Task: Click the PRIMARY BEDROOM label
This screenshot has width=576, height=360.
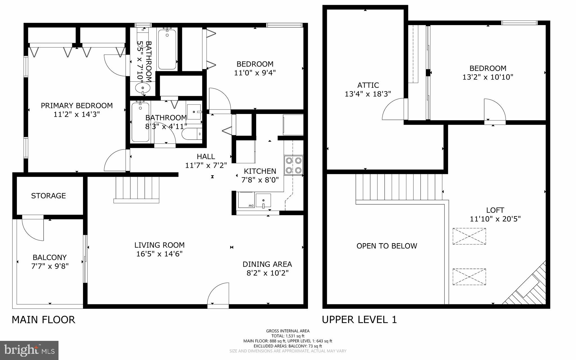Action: pyautogui.click(x=77, y=106)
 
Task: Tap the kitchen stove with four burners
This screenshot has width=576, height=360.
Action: pyautogui.click(x=293, y=166)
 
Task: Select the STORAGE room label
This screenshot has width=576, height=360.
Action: pyautogui.click(x=48, y=196)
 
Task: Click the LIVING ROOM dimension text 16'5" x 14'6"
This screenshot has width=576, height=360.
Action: pyautogui.click(x=159, y=254)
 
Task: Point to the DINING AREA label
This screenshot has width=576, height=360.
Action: pyautogui.click(x=267, y=264)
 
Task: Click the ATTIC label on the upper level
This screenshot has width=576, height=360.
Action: pyautogui.click(x=368, y=85)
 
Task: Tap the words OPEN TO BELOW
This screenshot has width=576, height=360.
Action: pyautogui.click(x=386, y=246)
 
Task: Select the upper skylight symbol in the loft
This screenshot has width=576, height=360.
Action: pyautogui.click(x=469, y=236)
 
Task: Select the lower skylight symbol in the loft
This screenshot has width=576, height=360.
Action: pyautogui.click(x=469, y=277)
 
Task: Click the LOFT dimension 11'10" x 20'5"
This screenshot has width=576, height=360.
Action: pyautogui.click(x=495, y=219)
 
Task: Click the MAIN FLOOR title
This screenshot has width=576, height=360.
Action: pyautogui.click(x=43, y=320)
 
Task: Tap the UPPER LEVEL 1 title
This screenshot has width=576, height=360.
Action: pyautogui.click(x=359, y=320)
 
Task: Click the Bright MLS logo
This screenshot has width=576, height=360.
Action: pyautogui.click(x=29, y=350)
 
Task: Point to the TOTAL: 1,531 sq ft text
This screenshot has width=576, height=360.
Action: pyautogui.click(x=288, y=336)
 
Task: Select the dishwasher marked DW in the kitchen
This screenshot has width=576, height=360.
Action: pyautogui.click(x=246, y=200)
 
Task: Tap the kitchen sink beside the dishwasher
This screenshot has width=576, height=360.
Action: pyautogui.click(x=263, y=201)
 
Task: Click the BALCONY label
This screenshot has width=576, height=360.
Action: pyautogui.click(x=49, y=257)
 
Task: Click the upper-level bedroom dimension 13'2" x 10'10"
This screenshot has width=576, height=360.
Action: pyautogui.click(x=488, y=77)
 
